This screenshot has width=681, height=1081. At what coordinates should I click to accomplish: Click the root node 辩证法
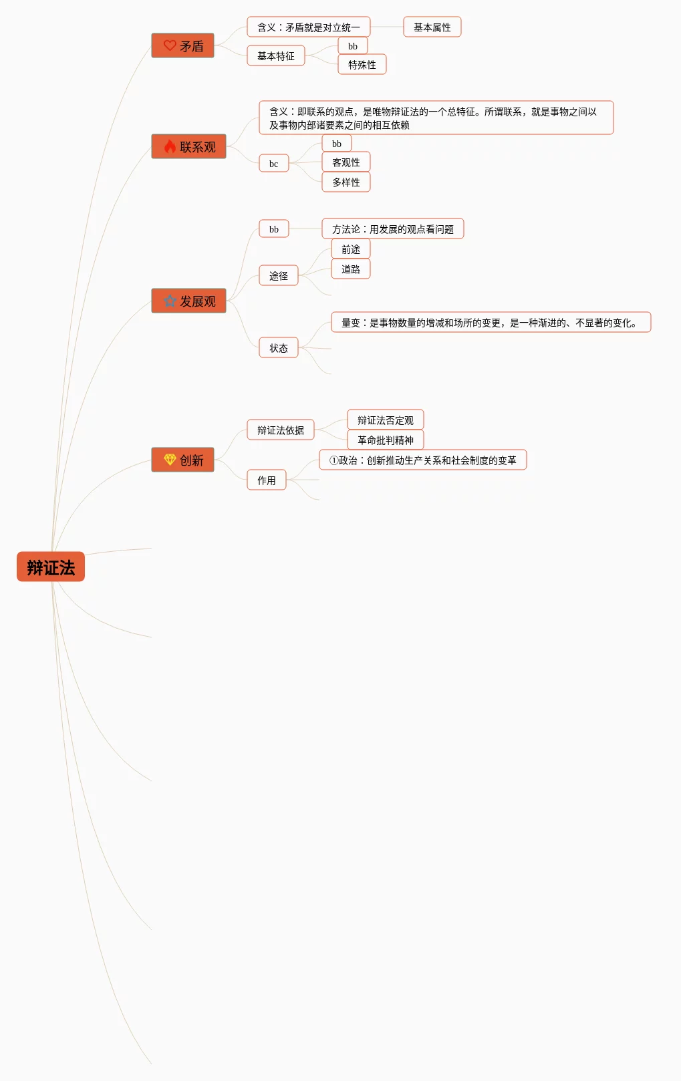[x=51, y=567]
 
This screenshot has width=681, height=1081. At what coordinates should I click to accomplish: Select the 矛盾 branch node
[x=183, y=46]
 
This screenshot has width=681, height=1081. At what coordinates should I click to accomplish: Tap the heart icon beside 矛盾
[x=170, y=45]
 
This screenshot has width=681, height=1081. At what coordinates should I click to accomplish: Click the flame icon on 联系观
[x=170, y=146]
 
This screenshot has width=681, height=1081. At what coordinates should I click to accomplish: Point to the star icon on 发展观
[x=170, y=301]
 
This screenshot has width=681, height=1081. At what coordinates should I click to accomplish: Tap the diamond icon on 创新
[x=170, y=460]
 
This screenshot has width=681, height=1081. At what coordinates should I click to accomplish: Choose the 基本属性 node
[x=432, y=27]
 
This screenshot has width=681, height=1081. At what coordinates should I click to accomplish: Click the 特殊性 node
[x=362, y=65]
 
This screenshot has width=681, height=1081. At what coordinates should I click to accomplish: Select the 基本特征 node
[x=275, y=56]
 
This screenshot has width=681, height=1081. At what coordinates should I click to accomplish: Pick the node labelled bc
[x=273, y=164]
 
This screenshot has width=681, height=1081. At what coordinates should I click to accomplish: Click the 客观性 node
[x=346, y=162]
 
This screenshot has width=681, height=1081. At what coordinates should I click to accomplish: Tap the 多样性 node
[x=346, y=182]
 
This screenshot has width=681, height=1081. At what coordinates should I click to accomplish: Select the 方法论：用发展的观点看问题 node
[x=392, y=229]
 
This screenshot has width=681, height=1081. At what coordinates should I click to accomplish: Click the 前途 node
[x=350, y=249]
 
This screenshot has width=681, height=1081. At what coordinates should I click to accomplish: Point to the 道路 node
[x=350, y=269]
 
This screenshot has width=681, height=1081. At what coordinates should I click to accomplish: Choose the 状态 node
[x=278, y=348]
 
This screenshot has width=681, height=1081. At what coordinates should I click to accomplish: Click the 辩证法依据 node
[x=280, y=430]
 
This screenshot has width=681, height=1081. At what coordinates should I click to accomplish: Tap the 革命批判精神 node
[x=385, y=440]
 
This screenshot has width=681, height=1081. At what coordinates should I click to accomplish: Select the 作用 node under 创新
[x=266, y=480]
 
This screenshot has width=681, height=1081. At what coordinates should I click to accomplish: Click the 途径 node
[x=278, y=276]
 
